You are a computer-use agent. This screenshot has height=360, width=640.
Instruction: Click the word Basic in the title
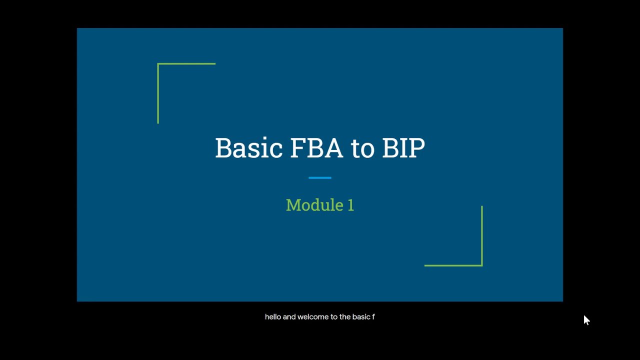coord(248,148)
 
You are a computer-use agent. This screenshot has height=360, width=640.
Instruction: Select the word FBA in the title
coord(316,148)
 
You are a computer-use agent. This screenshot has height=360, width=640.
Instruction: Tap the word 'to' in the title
coord(362,148)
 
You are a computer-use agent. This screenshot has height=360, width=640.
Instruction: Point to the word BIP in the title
coord(403,148)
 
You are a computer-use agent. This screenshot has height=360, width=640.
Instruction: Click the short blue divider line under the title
coord(320,177)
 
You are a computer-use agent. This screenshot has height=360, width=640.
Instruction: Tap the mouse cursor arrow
coord(586,320)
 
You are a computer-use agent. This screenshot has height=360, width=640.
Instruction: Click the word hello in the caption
coord(273,317)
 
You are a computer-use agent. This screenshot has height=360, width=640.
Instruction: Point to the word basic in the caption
coord(360,317)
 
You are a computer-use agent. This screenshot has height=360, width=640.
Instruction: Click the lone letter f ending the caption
coord(373,317)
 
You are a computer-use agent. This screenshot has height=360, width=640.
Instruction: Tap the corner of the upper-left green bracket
coord(158,64)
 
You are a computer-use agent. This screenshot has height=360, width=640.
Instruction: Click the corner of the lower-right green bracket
coord(481,265)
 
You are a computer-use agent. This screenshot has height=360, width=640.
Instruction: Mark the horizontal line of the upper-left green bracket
coord(187,64)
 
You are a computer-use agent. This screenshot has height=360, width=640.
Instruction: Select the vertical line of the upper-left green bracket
coord(158,94)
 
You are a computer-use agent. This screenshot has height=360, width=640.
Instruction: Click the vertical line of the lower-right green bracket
coord(482,235)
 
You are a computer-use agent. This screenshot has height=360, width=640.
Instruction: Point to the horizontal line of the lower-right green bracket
coord(452,265)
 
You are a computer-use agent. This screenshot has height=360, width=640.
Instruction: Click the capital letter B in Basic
coord(223,148)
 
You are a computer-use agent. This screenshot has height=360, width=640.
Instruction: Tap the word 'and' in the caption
coord(289,317)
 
